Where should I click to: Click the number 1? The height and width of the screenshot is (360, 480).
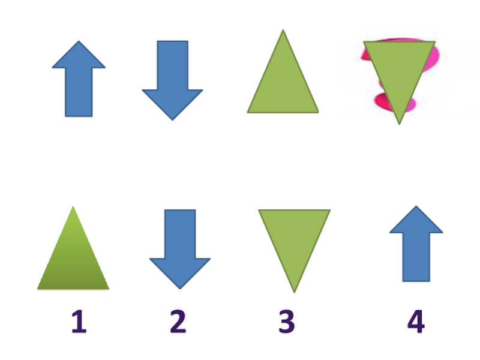[x=79, y=322]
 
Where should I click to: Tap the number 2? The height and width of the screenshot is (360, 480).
[x=178, y=322]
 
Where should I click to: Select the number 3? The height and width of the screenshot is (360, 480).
[x=287, y=322]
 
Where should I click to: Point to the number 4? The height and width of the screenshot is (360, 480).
[x=416, y=322]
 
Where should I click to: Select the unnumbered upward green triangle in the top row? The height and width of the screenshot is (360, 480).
[x=283, y=84]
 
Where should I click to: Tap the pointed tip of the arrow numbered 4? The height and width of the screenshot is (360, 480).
[x=416, y=208]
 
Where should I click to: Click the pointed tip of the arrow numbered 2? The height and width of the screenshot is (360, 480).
[x=179, y=288]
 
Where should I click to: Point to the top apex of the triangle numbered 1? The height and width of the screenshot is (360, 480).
[x=73, y=208]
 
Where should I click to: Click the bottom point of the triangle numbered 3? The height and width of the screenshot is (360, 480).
[x=294, y=291]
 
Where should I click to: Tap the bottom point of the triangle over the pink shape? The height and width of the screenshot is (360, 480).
[x=399, y=123]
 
